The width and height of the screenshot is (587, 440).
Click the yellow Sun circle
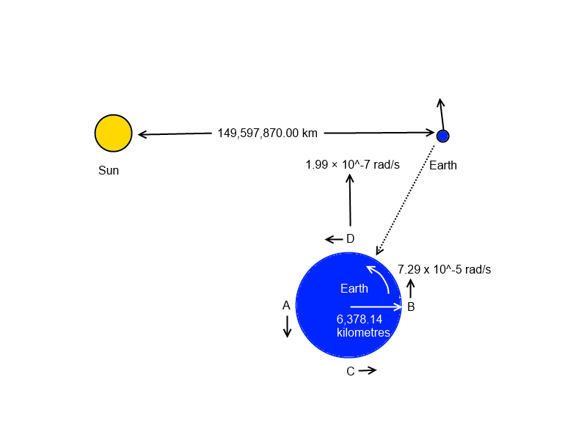pos(114,133)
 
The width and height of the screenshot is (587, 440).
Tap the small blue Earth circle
pos(443,136)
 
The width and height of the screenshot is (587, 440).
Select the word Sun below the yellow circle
pos(109,170)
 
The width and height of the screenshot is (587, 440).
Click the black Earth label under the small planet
pos(443,165)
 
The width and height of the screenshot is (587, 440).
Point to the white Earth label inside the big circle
pos(354,288)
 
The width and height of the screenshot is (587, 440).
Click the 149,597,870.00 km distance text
pos(267,133)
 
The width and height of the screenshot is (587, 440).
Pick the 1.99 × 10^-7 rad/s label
pos(353,164)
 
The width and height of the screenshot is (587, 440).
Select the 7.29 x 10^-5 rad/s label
pos(445,269)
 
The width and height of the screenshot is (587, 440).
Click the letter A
pos(286,306)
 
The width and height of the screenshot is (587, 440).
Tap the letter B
pos(411,307)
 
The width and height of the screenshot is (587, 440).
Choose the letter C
pos(351,371)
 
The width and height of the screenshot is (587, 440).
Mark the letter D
pos(351,239)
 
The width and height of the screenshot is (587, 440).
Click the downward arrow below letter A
pos(287,326)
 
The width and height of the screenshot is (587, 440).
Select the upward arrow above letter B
pos(411,288)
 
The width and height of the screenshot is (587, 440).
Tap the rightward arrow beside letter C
pos(368,370)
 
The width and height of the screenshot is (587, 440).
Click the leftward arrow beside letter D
pos(334,239)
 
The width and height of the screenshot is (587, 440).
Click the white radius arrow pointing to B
pos(376,307)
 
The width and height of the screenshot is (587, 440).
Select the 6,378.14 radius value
pos(360,319)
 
